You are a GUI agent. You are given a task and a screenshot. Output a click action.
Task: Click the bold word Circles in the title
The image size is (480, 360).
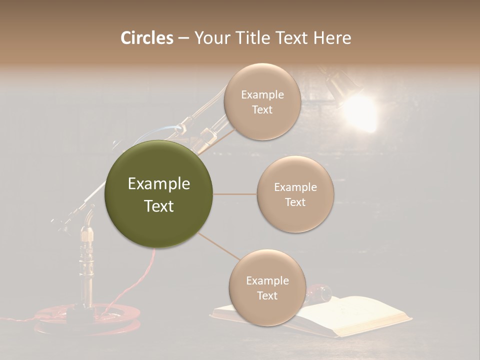pos(146,38)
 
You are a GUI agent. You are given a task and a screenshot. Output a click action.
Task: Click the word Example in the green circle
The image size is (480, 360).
pos(158,184)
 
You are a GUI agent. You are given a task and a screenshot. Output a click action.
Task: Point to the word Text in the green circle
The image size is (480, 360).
pos(158,206)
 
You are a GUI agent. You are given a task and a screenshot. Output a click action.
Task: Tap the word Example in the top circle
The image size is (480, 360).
pos(262,95)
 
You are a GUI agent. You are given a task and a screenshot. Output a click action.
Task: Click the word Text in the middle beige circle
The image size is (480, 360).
pos(295,202)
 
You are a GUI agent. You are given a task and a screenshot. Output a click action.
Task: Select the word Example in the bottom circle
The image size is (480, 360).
pos(267,281)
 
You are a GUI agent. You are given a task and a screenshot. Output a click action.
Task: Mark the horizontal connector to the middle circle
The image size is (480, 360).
pos(234,194)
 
